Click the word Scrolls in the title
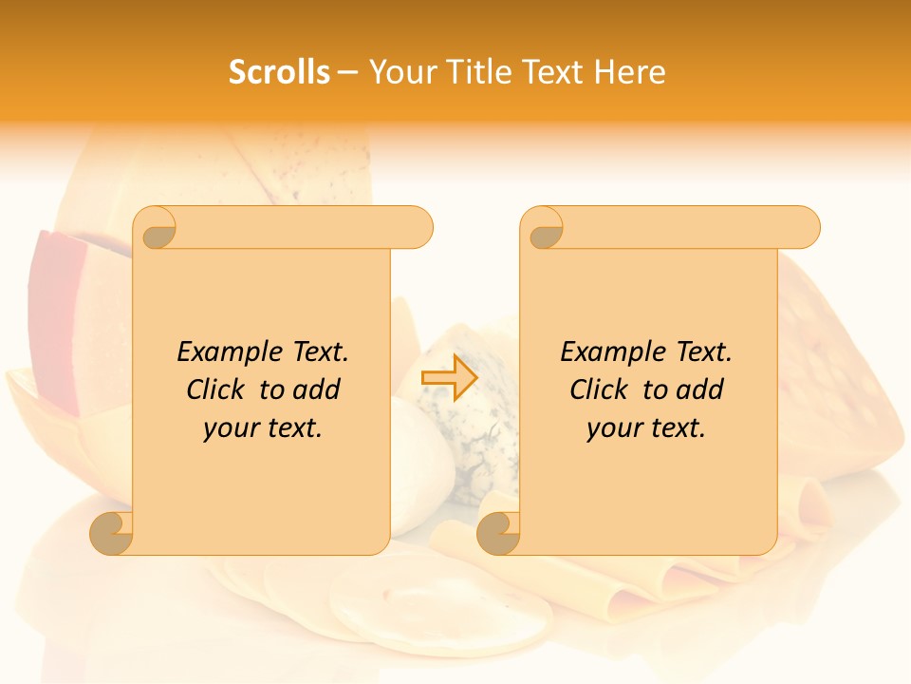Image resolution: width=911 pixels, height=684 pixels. (279, 72)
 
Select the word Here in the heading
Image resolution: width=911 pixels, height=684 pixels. (630, 72)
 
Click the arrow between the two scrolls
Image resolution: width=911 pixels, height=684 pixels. (449, 378)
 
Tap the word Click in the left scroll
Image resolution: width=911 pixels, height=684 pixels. (217, 389)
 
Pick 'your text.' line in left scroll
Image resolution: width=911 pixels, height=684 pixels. (263, 428)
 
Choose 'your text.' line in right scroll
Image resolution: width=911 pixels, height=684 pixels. (646, 428)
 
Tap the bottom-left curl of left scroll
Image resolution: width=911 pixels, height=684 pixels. (112, 533)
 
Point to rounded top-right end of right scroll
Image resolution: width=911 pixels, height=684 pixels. (803, 227)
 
